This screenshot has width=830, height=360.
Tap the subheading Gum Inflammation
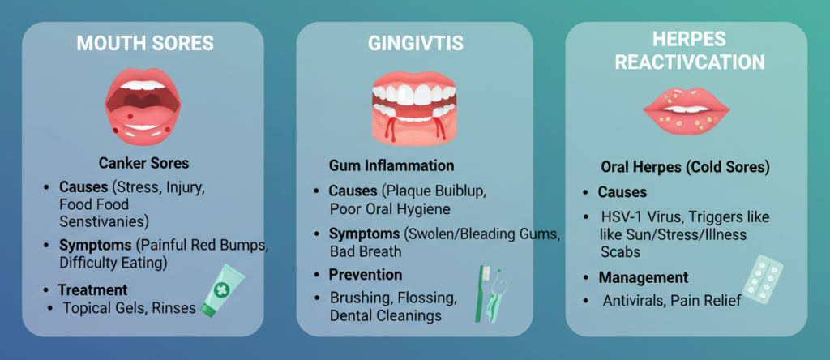pyautogui.click(x=391, y=165)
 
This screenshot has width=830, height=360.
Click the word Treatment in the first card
pyautogui.click(x=92, y=289)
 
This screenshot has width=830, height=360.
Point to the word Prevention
pyautogui.click(x=365, y=274)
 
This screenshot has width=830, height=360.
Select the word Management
pyautogui.click(x=644, y=278)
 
